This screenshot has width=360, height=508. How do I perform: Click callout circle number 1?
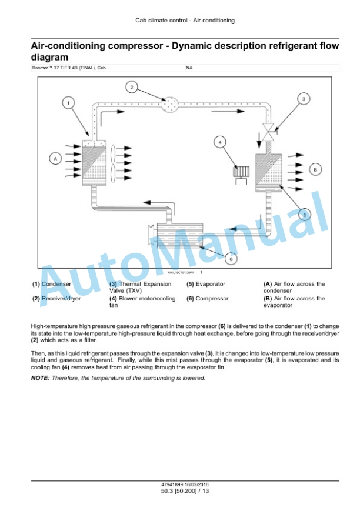tap(68, 103)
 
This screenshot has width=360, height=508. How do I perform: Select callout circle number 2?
tap(132, 87)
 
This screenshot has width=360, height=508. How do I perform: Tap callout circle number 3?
tap(304, 99)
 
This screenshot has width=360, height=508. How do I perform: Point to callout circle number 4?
tap(220, 142)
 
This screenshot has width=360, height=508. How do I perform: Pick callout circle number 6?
tap(231, 259)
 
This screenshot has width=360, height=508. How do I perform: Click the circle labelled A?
tap(55, 159)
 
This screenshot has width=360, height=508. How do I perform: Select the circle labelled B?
tap(315, 169)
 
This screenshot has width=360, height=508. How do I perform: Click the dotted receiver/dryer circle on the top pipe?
tap(170, 104)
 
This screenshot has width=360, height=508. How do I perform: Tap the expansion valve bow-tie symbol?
tap(269, 132)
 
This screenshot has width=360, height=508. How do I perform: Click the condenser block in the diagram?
tap(94, 163)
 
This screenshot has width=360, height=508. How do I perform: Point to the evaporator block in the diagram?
tap(269, 172)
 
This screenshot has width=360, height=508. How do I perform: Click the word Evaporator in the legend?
tap(211, 284)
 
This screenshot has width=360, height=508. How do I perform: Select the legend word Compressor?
tap(212, 298)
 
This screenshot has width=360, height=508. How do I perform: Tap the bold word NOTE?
tap(40, 378)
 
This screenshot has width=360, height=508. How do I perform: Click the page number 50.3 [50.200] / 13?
tap(185, 491)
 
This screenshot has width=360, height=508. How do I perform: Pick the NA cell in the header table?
tap(189, 68)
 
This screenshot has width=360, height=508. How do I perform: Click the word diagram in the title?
tap(49, 58)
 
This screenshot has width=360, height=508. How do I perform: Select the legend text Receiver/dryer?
tap(61, 298)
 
